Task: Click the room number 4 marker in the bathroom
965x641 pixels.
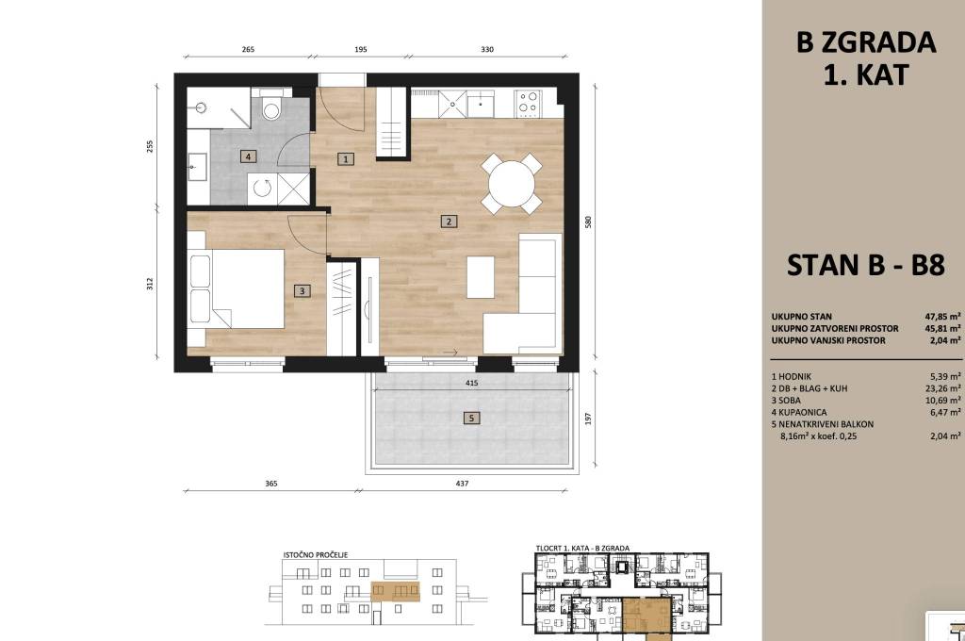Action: pyautogui.click(x=248, y=156)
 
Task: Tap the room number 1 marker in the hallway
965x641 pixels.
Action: pyautogui.click(x=346, y=159)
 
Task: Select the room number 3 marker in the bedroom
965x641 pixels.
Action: pyautogui.click(x=302, y=290)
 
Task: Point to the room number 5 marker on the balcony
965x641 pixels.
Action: pyautogui.click(x=471, y=419)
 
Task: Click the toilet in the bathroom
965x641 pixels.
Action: pyautogui.click(x=270, y=106)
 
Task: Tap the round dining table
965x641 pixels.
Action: pyautogui.click(x=512, y=184)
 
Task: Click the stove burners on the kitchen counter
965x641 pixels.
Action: pyautogui.click(x=528, y=103)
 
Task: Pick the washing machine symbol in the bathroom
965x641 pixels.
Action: pyautogui.click(x=262, y=189)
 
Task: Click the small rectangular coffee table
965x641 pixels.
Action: pyautogui.click(x=480, y=277)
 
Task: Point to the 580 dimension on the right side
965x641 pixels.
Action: pyautogui.click(x=588, y=222)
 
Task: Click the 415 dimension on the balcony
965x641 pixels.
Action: pyautogui.click(x=471, y=383)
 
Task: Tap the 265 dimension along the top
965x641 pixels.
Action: pyautogui.click(x=248, y=49)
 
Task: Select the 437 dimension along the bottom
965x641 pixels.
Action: pyautogui.click(x=462, y=484)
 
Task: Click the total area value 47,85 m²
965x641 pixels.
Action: pyautogui.click(x=942, y=317)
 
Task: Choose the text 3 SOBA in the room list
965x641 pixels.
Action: pyautogui.click(x=786, y=401)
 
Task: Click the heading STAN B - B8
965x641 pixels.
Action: pyautogui.click(x=865, y=266)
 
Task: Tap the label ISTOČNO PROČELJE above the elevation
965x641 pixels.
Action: pyautogui.click(x=316, y=555)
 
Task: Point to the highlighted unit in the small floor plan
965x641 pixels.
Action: pyautogui.click(x=646, y=616)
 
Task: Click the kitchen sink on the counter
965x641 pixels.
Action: pyautogui.click(x=480, y=104)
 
